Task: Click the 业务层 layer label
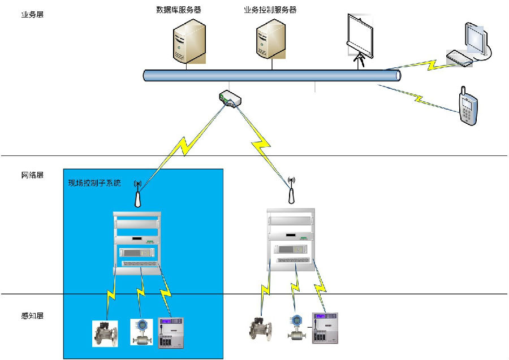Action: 32,14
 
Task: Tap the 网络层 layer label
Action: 32,175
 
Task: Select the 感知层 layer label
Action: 32,315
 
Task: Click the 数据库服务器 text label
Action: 179,10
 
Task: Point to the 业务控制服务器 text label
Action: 270,10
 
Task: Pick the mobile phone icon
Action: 468,106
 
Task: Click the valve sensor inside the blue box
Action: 105,333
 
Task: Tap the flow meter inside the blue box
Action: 141,332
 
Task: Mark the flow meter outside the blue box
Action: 295,328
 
